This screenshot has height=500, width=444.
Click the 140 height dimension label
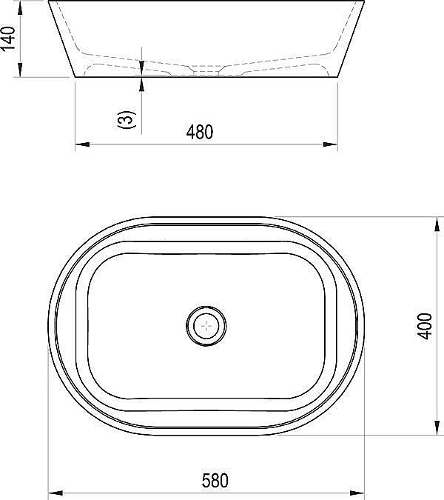pos(7,39)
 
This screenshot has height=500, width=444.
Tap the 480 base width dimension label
pos(200,132)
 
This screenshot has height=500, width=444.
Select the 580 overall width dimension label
pos(215,481)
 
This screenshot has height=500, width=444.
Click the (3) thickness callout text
pos(127,119)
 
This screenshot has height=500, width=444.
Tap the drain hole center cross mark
pos(206,326)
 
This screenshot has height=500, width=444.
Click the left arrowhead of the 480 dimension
pos(82,144)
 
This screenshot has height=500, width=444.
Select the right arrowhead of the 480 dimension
pos(330,144)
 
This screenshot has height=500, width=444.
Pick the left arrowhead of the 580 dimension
pos(55,493)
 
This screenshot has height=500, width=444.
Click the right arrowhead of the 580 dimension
pos(357,493)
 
